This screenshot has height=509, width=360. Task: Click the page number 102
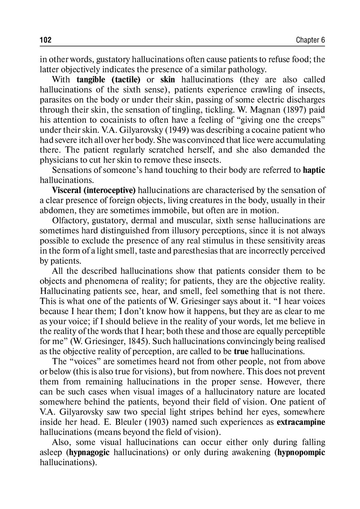(46, 40)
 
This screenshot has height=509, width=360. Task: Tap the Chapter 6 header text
(310, 40)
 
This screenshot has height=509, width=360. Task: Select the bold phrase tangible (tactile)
(108, 80)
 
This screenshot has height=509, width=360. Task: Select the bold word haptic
(314, 170)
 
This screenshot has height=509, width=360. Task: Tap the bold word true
(241, 352)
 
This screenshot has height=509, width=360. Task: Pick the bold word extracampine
(301, 422)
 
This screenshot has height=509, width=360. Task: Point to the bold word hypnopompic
(300, 452)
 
